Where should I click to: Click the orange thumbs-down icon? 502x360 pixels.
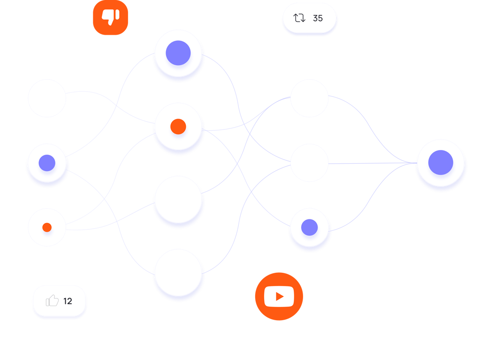click(111, 17)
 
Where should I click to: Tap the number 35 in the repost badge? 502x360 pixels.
click(318, 18)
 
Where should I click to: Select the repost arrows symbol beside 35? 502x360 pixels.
click(299, 18)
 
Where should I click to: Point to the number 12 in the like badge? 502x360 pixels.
click(68, 301)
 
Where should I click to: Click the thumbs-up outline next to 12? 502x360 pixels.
click(53, 300)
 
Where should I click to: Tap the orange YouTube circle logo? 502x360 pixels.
click(279, 296)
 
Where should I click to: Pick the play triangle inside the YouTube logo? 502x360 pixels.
click(280, 296)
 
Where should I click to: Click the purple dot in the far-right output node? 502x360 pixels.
click(441, 163)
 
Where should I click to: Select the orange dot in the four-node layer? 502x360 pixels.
click(178, 127)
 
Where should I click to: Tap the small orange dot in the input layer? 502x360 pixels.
click(47, 227)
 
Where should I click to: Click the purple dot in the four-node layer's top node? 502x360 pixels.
click(178, 53)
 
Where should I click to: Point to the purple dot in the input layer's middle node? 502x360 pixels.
click(47, 163)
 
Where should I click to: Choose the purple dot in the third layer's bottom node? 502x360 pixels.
click(309, 227)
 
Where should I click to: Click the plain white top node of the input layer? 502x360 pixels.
click(47, 98)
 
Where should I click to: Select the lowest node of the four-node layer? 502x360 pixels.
click(178, 272)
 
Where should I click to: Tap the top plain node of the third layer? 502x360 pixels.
click(309, 98)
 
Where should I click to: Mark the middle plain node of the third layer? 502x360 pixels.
click(309, 163)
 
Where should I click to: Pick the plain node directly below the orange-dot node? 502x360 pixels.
click(178, 199)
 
